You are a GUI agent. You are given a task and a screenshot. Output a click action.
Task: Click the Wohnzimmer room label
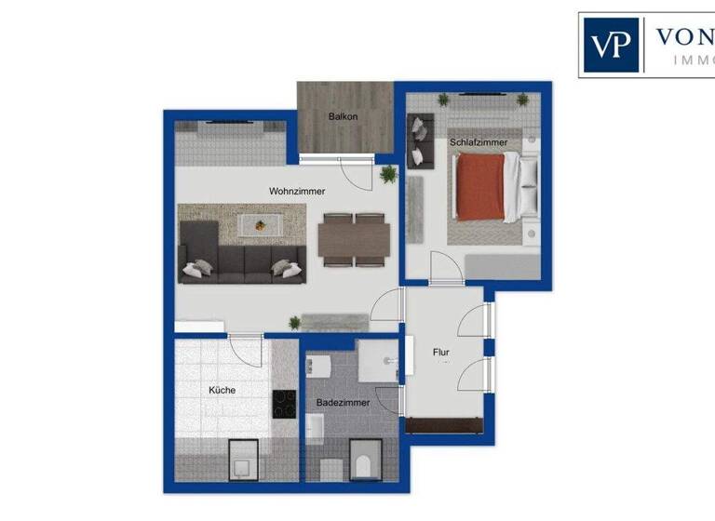point(296,191)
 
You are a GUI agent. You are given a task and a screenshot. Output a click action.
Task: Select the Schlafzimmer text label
point(479,142)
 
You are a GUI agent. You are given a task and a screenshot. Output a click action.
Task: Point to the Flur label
point(441,353)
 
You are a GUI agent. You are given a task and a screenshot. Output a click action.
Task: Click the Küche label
point(222,391)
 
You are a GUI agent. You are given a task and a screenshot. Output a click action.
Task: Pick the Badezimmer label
point(344,403)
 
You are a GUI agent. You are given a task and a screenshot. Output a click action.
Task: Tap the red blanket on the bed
point(479,186)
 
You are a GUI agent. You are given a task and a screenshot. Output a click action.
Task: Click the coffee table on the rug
point(261,223)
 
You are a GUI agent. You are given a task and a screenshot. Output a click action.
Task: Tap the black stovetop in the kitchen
point(284,404)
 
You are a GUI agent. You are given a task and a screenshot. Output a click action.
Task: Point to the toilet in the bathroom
point(363,460)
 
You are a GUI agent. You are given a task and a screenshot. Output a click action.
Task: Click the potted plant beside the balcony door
point(388,174)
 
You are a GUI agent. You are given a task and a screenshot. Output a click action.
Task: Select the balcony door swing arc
point(357,172)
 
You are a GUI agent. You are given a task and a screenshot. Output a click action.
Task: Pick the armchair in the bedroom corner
point(420,139)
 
